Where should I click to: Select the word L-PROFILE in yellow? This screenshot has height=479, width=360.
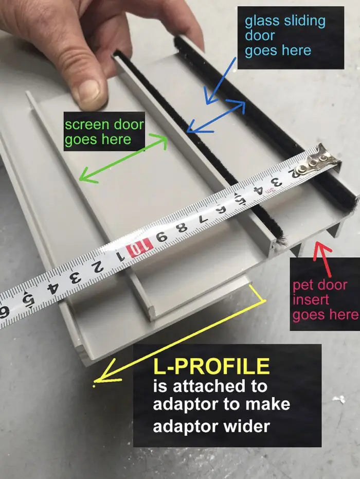click(x=211, y=366)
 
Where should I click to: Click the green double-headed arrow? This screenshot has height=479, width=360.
click(x=123, y=158)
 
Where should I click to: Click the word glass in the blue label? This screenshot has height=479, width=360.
click(x=263, y=22)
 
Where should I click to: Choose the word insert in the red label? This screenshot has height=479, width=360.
click(x=307, y=299)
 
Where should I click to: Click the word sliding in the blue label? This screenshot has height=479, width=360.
click(x=304, y=22)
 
